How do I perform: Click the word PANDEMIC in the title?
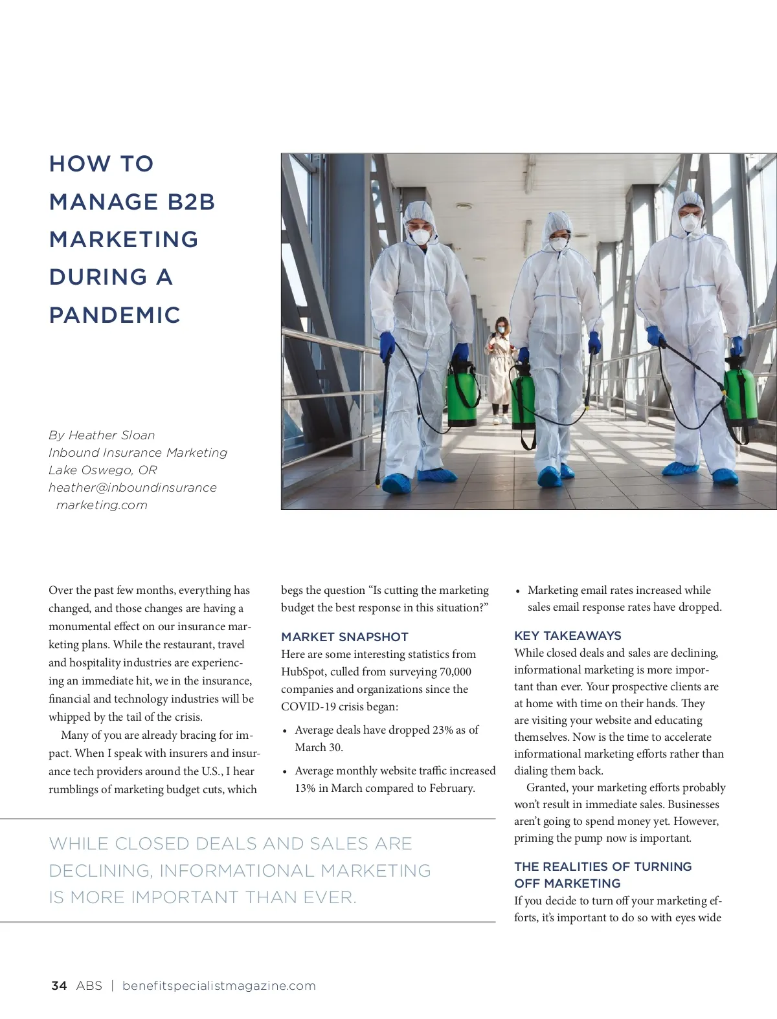[115, 315]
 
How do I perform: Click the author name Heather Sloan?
[111, 435]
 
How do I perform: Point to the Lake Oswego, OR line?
[102, 470]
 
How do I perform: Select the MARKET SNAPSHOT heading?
[344, 637]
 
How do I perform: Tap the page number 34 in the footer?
[58, 985]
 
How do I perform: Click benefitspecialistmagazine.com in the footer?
[219, 985]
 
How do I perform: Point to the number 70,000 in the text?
[455, 672]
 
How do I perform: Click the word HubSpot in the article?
[303, 672]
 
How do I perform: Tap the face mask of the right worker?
[690, 223]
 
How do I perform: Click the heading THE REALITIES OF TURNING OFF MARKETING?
[603, 875]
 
